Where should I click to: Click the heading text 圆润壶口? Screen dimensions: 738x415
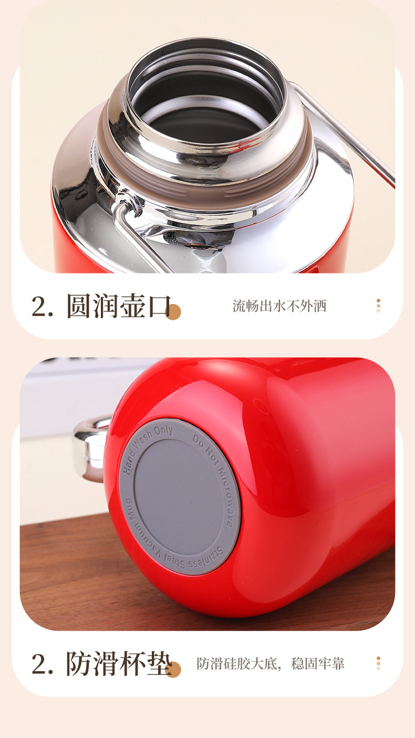(x=119, y=306)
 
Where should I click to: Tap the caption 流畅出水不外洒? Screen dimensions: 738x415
(x=279, y=306)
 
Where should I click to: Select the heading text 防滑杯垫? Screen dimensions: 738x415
(x=119, y=663)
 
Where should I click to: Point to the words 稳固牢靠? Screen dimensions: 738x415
(x=318, y=663)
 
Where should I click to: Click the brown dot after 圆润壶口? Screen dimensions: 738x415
(x=173, y=312)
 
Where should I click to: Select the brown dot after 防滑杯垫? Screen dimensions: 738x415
(x=173, y=669)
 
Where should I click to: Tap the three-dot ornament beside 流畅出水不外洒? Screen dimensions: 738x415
(x=378, y=306)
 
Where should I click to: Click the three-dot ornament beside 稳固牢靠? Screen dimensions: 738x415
(x=378, y=663)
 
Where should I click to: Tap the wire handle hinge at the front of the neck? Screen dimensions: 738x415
(x=126, y=205)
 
